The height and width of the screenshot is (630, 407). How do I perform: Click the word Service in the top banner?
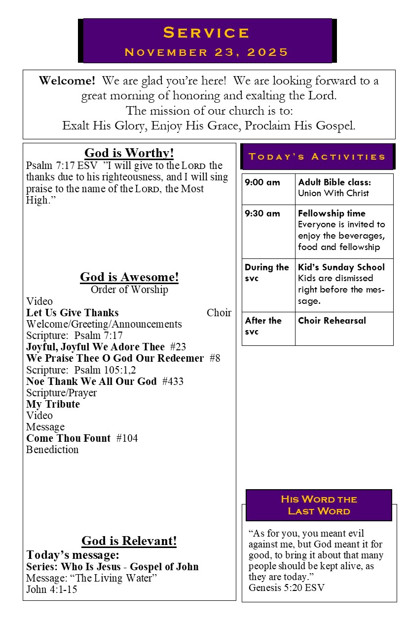point(206,33)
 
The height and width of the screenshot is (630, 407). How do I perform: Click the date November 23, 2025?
point(206,52)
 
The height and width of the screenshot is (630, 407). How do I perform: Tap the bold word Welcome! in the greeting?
point(67,81)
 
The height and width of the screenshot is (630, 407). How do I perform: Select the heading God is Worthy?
point(129,153)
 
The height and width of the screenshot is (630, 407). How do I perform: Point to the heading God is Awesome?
point(129,277)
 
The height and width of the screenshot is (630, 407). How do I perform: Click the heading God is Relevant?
point(129,541)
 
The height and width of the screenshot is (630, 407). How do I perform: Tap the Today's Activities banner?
point(317,157)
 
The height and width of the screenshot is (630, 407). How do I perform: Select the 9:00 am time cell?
point(262,182)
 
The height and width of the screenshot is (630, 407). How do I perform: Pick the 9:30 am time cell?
point(262,213)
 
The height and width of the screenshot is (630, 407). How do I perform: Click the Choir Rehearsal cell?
point(332,321)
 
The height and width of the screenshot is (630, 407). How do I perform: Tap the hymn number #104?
point(127,438)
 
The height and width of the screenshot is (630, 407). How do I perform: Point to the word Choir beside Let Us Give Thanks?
point(219,313)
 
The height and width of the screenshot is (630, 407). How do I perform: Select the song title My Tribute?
point(53,404)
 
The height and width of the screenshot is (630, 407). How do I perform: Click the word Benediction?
point(52,450)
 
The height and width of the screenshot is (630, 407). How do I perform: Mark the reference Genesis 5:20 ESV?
point(287,588)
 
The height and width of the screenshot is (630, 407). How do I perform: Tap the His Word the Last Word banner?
point(319,505)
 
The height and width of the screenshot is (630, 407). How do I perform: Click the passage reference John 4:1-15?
point(52,589)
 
